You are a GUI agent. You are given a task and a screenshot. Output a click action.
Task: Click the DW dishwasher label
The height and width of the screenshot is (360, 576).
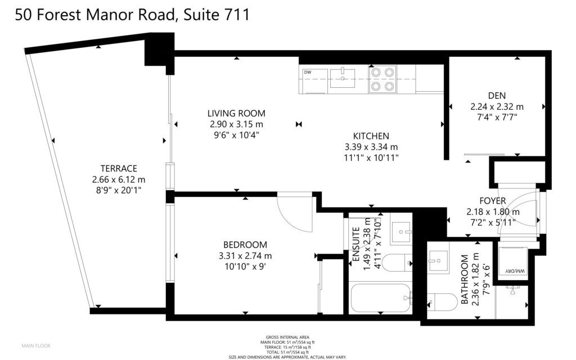[308, 73]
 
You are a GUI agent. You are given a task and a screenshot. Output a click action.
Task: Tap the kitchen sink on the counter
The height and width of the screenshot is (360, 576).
[343, 78]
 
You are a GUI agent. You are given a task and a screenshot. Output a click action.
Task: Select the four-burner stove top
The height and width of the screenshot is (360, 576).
[382, 79]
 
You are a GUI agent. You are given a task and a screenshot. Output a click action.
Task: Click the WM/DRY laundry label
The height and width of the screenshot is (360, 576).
[515, 271]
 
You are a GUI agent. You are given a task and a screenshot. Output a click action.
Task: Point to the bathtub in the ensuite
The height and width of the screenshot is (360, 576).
[381, 298]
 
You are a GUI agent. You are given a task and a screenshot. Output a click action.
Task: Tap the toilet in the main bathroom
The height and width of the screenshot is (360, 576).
[442, 302]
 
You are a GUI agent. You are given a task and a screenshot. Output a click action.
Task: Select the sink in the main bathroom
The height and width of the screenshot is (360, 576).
[438, 260]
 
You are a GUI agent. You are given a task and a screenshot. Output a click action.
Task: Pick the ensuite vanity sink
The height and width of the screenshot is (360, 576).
[401, 232]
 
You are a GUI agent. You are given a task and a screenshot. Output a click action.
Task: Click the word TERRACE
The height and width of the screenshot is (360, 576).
[119, 169]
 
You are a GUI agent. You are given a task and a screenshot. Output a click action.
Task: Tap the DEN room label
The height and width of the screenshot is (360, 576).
[497, 96]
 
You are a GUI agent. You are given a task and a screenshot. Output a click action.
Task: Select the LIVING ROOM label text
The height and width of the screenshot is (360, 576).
[236, 114]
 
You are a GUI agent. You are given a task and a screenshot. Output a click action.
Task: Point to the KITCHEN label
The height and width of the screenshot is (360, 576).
[371, 136]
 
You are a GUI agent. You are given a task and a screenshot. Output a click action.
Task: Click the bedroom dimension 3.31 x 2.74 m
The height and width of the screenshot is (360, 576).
[245, 256]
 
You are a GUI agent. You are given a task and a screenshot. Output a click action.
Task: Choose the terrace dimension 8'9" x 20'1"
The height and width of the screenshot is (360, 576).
[118, 191]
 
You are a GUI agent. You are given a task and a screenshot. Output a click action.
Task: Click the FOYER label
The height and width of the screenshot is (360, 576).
[493, 201]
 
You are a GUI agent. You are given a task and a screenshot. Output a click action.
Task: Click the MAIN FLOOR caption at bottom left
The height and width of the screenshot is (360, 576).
[36, 346]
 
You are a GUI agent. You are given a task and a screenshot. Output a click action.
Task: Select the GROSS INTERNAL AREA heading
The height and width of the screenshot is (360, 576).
[287, 337]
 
